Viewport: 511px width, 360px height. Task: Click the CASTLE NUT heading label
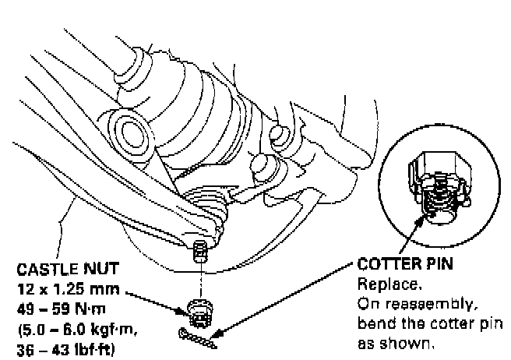tap(68, 270)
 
